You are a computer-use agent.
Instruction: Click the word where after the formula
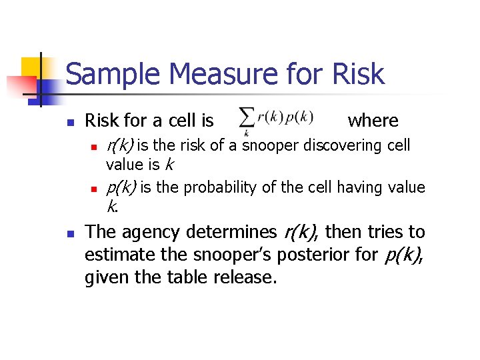pyautogui.click(x=373, y=121)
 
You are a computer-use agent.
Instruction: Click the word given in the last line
pyautogui.click(x=105, y=277)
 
